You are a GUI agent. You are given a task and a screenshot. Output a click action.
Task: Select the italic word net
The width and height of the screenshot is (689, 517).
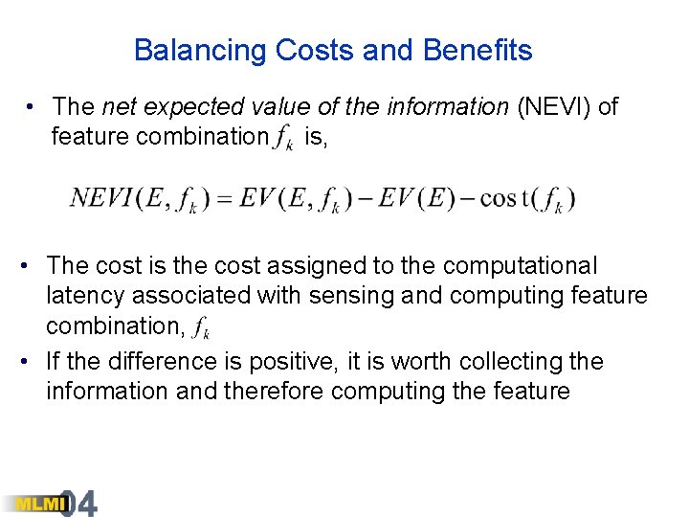[121, 106]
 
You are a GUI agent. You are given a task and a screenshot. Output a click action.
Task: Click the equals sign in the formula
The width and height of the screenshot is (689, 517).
[224, 198]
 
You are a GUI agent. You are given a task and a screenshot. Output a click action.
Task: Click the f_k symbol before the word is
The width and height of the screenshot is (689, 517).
[283, 139]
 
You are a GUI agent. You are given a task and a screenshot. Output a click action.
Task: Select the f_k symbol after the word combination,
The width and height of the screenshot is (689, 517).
[200, 327]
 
